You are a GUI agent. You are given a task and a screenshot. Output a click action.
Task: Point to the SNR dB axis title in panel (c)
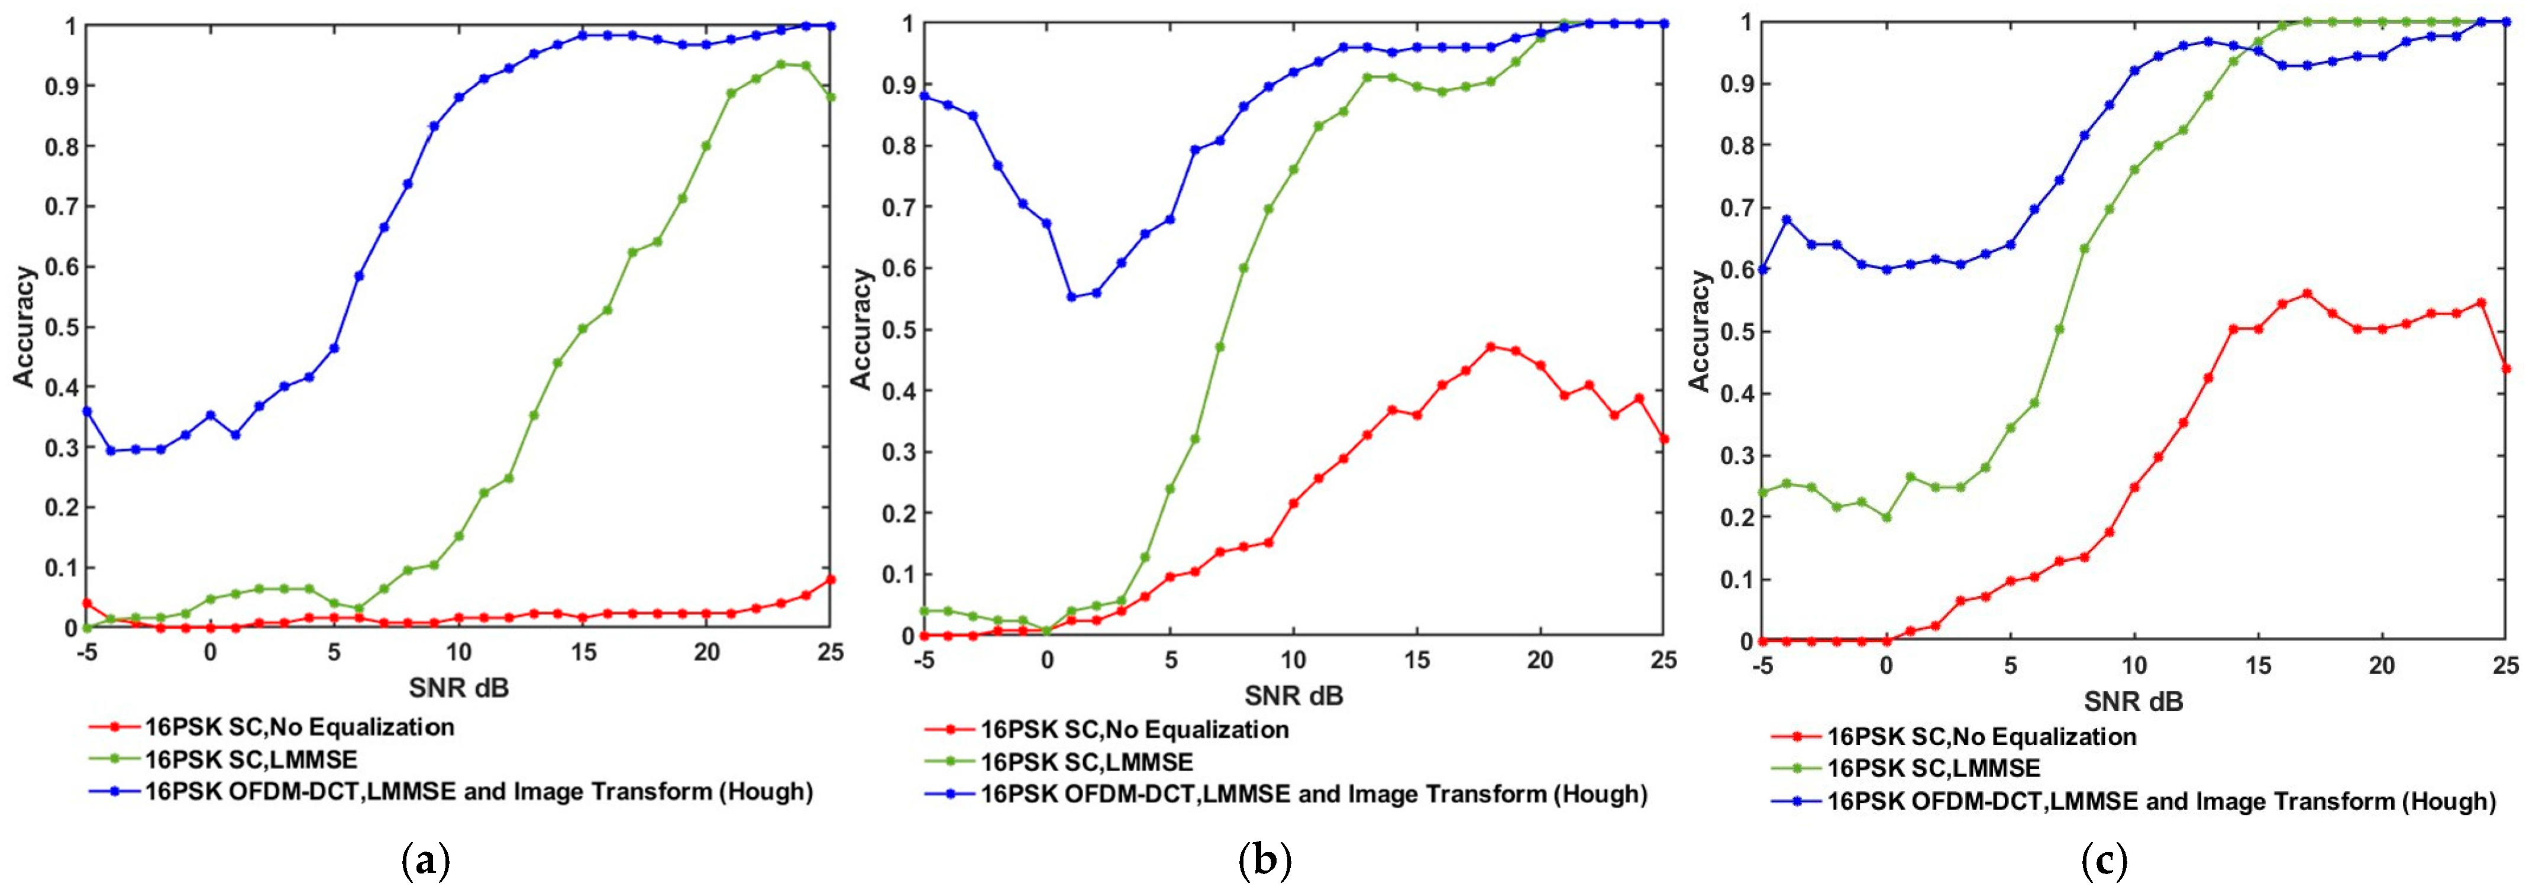click(2133, 702)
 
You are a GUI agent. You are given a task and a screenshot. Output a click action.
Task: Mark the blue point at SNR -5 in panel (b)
click(923, 96)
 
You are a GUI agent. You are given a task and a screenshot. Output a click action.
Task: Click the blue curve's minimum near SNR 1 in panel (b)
click(1072, 297)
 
